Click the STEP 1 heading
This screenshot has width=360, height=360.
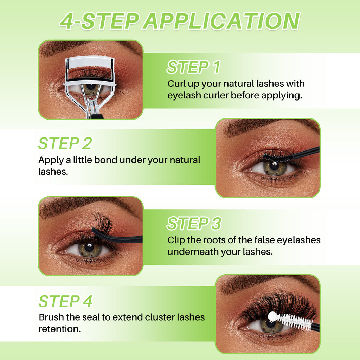(193, 67)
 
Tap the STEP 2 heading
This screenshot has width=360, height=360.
(65, 143)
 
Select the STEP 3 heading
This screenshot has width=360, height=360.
(194, 224)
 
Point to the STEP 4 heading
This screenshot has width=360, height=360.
(65, 301)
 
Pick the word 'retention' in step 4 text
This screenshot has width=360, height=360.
(58, 329)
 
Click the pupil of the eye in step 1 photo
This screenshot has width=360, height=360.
(90, 87)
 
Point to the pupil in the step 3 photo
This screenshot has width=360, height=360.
(89, 246)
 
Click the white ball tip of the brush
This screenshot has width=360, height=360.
(272, 316)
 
